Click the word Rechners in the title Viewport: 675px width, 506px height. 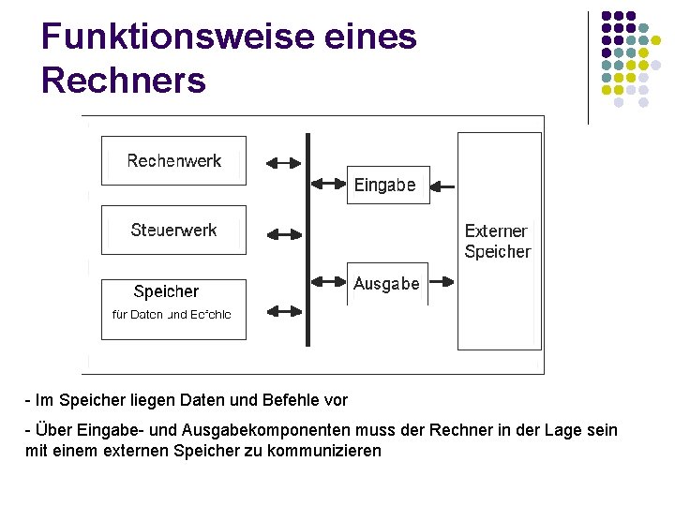[124, 81]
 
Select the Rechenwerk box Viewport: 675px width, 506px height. [173, 161]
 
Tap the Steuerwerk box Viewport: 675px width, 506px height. [173, 231]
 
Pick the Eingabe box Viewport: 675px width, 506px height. [387, 186]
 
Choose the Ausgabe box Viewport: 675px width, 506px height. [387, 283]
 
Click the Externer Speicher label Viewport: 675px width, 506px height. [497, 241]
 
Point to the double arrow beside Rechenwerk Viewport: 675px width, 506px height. [284, 162]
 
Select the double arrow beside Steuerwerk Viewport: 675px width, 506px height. [284, 231]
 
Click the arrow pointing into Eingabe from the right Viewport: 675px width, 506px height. [446, 186]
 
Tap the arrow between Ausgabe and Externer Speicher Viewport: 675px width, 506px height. [442, 280]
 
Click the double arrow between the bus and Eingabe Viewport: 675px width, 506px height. [328, 183]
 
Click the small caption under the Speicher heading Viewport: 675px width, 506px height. [172, 315]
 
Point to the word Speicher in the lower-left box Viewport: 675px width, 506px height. [166, 291]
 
